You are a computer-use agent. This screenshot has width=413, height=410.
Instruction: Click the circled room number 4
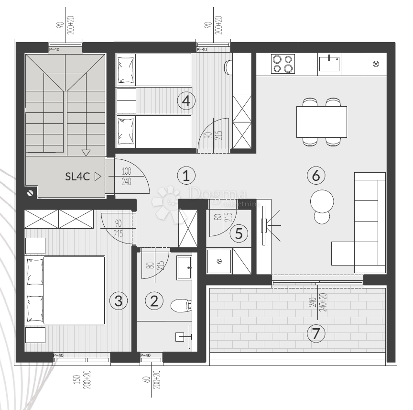coord(186,100)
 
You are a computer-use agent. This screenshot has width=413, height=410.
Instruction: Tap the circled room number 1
coord(186,176)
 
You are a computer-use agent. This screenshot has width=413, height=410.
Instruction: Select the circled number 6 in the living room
coord(315,176)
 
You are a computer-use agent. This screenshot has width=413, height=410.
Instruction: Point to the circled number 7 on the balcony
coord(315,333)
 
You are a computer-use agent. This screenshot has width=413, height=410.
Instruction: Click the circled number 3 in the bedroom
coord(119,301)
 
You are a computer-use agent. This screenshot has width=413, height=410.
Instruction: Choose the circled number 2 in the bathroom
coord(154,301)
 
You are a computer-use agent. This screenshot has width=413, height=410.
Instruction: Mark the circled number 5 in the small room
coord(239,234)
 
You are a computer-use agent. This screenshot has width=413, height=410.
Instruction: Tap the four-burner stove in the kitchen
coord(282,64)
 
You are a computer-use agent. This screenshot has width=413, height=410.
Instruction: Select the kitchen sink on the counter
coord(329,63)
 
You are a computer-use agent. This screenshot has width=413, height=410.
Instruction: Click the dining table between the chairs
coord(321,122)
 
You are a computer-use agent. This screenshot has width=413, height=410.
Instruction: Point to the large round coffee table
coord(322,200)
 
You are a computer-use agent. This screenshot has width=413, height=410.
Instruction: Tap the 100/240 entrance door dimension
coord(126,176)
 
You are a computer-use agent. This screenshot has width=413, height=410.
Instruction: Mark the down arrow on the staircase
coord(86,153)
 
